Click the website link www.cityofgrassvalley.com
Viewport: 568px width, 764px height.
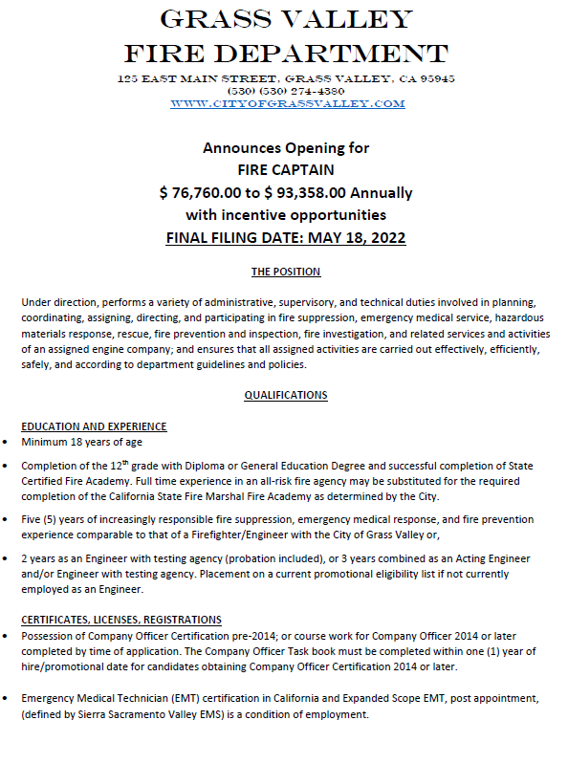pos(287,103)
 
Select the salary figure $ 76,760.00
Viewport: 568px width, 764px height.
pos(202,193)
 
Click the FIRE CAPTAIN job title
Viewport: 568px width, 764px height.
pos(285,170)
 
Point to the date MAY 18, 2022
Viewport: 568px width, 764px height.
pos(355,238)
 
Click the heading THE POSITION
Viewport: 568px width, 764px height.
pos(286,273)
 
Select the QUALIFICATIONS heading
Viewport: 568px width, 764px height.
pos(286,395)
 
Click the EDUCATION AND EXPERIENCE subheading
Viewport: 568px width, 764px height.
pos(94,426)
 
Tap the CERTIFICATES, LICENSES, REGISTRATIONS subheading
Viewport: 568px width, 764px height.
pos(121,620)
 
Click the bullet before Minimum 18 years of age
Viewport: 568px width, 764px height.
pos(7,443)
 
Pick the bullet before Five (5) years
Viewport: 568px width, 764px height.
pos(7,520)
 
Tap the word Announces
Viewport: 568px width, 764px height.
pos(236,148)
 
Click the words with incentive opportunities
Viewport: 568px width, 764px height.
pos(286,215)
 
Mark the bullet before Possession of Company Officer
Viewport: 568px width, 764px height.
pos(7,636)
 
